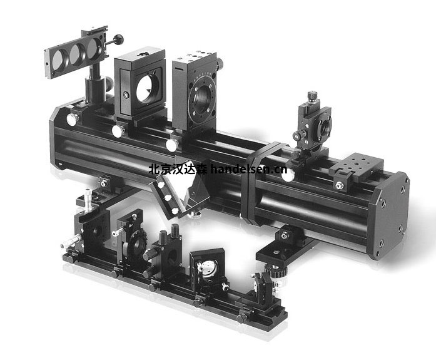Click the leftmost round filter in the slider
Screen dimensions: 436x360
[x=59, y=60]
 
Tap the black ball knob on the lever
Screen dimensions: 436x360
[x=119, y=38]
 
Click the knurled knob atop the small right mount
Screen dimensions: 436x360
[x=312, y=95]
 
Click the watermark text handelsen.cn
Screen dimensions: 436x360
[x=248, y=169]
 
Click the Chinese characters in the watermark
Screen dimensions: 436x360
[x=178, y=169]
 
